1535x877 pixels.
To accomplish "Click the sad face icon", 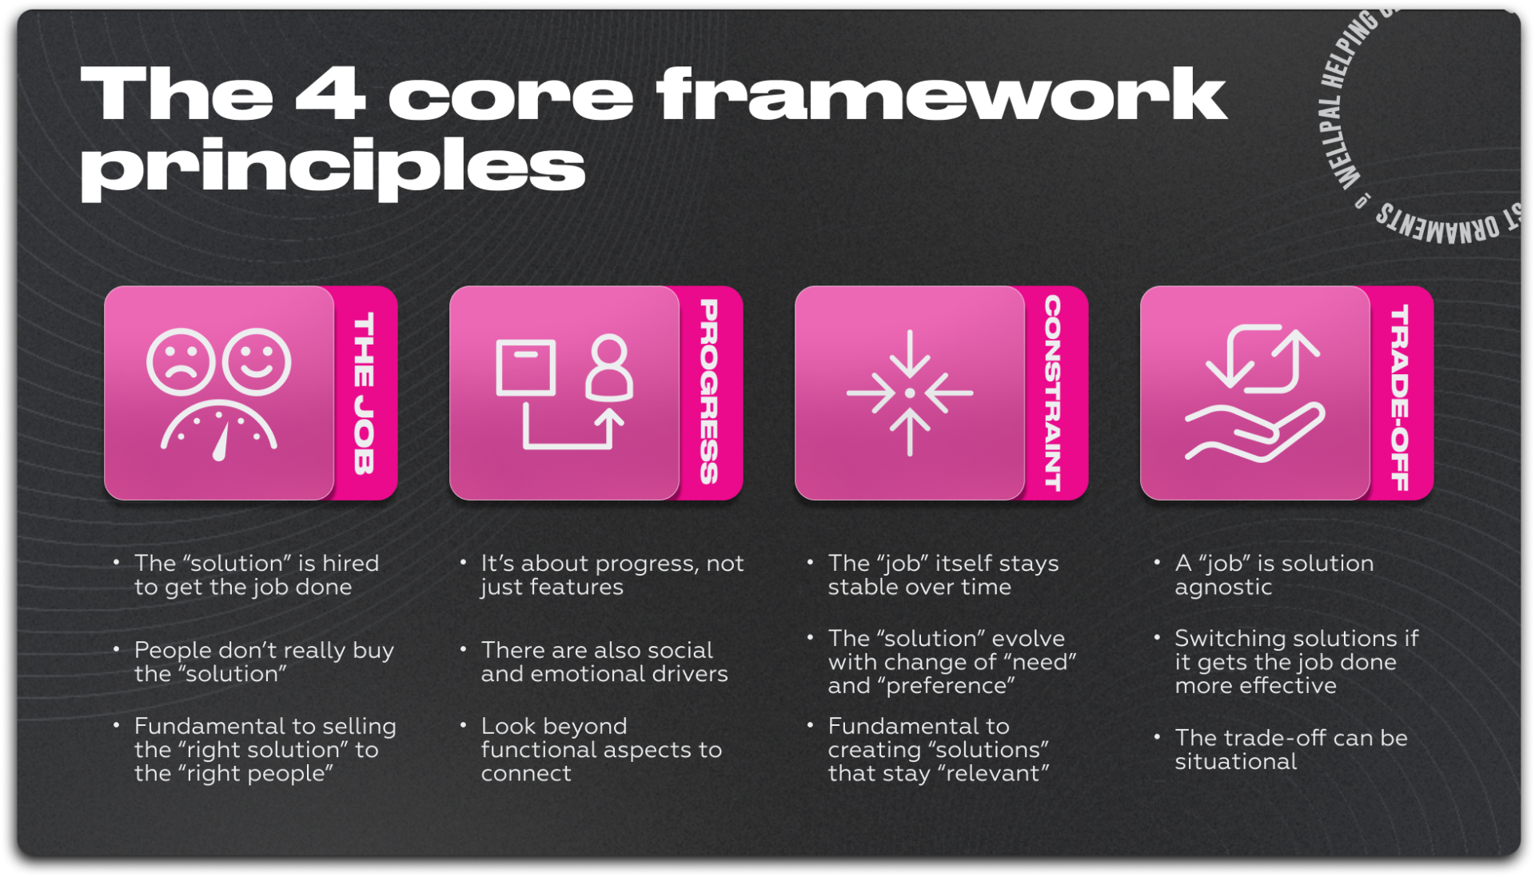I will (181, 362).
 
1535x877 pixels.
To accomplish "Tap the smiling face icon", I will (257, 362).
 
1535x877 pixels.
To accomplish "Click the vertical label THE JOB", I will (364, 393).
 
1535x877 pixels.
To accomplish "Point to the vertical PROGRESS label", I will (708, 392).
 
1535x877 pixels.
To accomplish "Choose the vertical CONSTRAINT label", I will (1053, 393).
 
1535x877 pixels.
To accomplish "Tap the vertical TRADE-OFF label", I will (1399, 397).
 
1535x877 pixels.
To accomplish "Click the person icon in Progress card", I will (609, 369).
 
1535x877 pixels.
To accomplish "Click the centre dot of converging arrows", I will (910, 393).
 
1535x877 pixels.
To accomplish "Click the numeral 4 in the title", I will (329, 94).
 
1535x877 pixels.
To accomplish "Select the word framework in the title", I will (941, 94).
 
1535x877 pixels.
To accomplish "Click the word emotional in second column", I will (588, 674).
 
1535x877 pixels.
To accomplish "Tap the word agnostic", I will (1223, 588).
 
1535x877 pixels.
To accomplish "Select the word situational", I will (1235, 762).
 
